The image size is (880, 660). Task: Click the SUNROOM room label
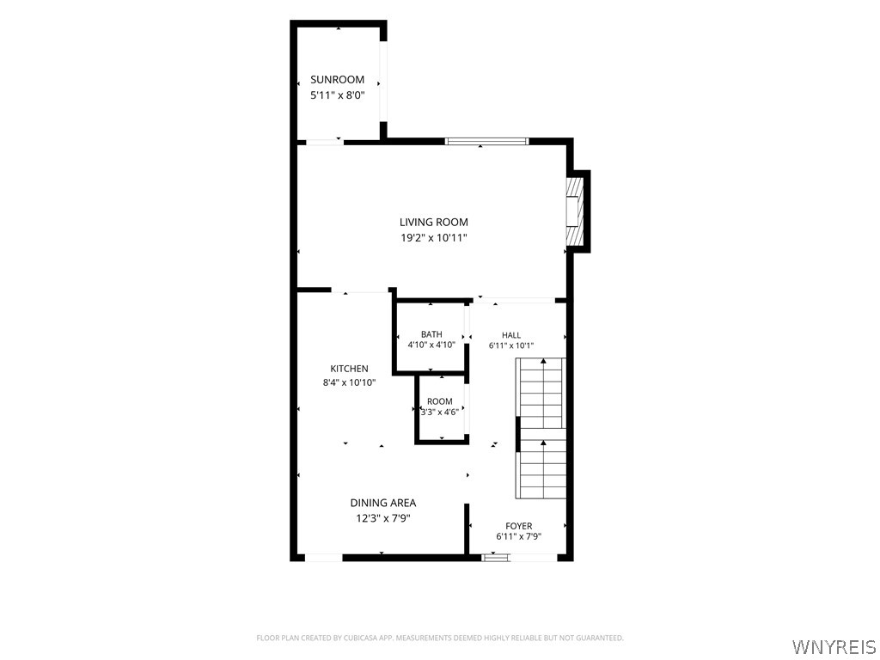tap(337, 80)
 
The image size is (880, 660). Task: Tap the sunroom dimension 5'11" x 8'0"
tap(337, 95)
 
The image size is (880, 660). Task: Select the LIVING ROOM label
tap(434, 223)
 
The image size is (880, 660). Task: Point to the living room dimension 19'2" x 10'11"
tap(434, 238)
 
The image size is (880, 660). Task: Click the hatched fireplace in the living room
tap(575, 211)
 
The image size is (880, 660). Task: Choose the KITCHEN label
tap(349, 369)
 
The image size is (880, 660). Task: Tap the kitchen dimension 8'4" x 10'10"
tap(349, 383)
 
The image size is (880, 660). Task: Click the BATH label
tap(431, 334)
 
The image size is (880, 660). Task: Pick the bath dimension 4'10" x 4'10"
tap(431, 345)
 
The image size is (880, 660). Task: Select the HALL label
tap(511, 335)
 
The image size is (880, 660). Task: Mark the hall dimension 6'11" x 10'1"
tap(511, 345)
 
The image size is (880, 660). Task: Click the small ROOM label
tap(440, 402)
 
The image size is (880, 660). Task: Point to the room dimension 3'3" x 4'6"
tap(440, 412)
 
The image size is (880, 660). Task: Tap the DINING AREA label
tap(383, 504)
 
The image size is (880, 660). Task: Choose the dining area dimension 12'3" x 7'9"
tap(383, 518)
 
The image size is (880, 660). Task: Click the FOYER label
tap(518, 527)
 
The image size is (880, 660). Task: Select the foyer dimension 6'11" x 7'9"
tap(518, 536)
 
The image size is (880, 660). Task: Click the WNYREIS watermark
tap(833, 646)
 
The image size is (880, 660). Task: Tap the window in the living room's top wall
tap(487, 142)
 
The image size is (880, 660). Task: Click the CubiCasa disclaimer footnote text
tap(440, 639)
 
